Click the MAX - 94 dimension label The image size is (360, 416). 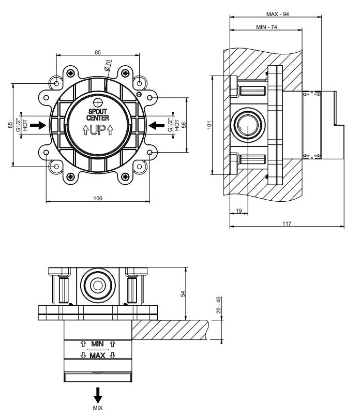coord(277,14)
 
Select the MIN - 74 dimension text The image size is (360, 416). coord(266,27)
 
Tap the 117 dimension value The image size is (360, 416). coord(287,224)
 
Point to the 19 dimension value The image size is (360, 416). coord(239,211)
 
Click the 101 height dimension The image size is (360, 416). coord(209,125)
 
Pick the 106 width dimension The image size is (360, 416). coord(98,198)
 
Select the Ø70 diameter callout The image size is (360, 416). coord(108,65)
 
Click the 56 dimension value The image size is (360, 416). coord(184,125)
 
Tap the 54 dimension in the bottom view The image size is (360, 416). coord(183,294)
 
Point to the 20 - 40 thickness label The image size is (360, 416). coord(219,305)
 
